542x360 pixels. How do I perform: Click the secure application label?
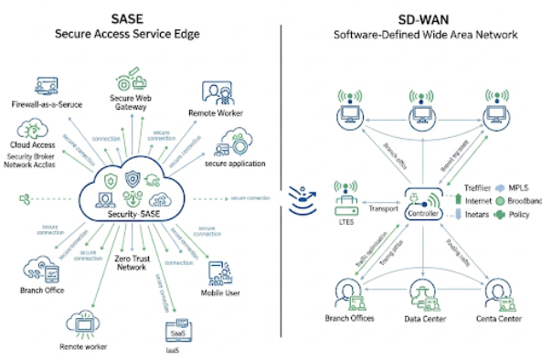tap(235, 164)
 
